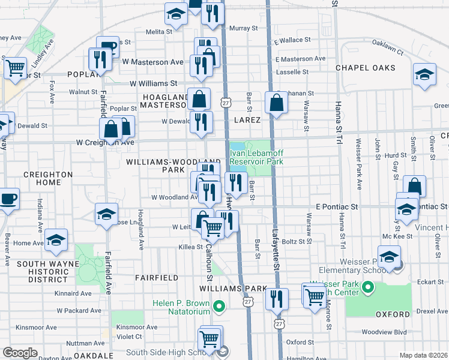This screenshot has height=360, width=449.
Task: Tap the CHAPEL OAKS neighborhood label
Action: [x=364, y=68]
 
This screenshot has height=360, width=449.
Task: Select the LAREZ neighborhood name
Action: [x=247, y=120]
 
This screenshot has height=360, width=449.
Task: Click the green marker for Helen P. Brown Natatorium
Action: [x=218, y=307]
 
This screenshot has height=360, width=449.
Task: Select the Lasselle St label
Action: [x=288, y=71]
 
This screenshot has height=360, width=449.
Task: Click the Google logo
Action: [x=20, y=353]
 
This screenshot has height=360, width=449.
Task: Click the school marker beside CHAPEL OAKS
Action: [x=424, y=74]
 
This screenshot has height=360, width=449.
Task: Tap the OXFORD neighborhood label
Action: [x=393, y=314]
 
